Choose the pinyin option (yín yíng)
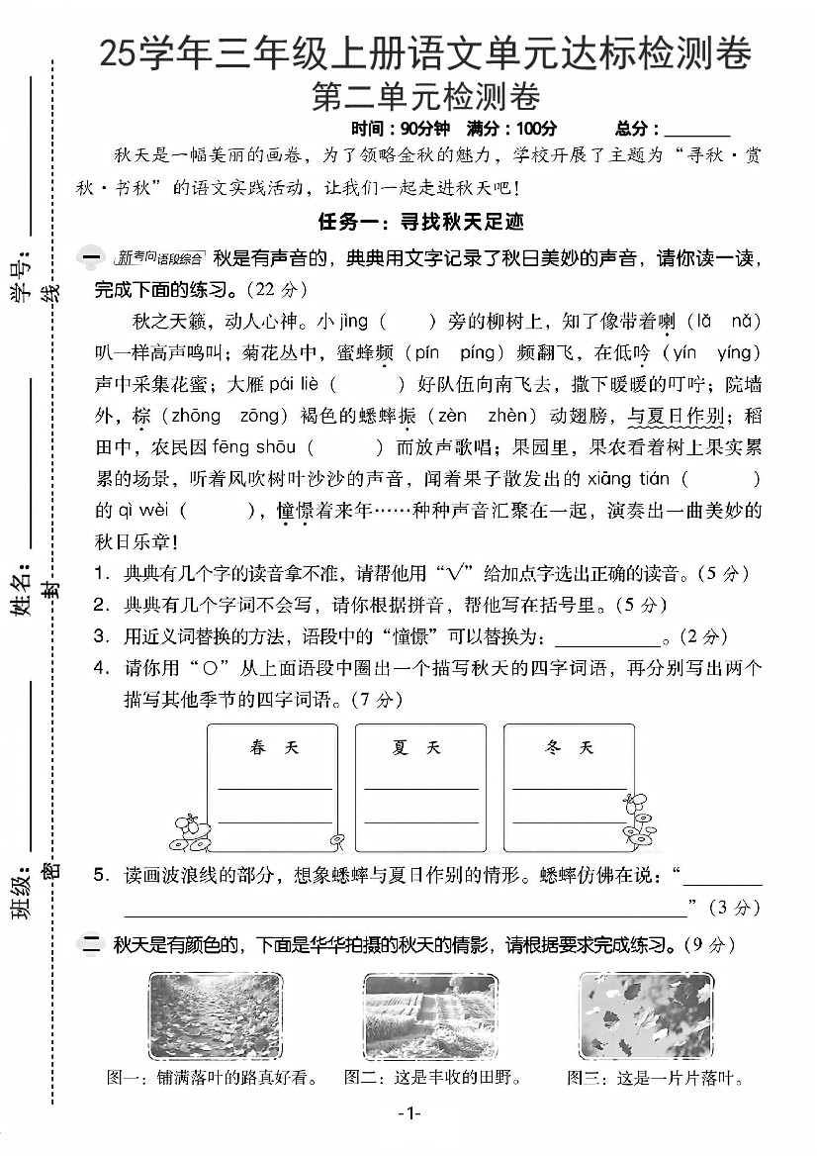tap(710, 352)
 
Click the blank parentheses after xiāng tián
tap(721, 480)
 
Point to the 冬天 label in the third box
tap(569, 747)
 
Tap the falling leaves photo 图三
tap(645, 1016)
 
